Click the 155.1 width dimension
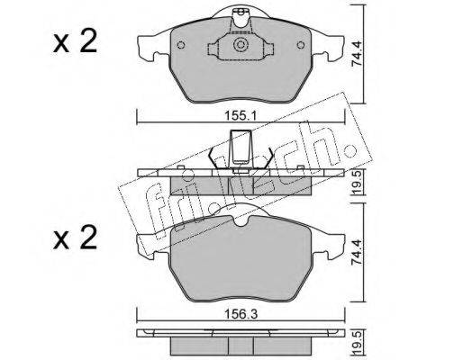(240, 116)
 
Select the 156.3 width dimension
(240, 314)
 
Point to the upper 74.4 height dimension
(357, 54)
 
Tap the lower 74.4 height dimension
(357, 253)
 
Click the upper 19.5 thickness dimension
(357, 184)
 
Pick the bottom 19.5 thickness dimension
(357, 343)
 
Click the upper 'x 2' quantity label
(75, 42)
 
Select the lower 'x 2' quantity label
(75, 238)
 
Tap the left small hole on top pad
(181, 45)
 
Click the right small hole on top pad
(301, 45)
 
